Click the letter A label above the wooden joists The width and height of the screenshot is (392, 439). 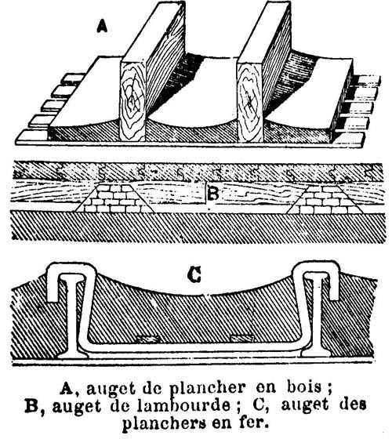coord(102,27)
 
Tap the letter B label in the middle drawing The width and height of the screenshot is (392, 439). coord(212,194)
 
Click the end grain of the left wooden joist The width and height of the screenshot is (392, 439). coord(132,101)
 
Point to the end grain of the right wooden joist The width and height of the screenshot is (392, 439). coord(250,101)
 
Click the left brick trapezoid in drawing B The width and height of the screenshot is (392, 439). coord(115,198)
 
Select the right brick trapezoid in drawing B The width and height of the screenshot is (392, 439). coord(325,199)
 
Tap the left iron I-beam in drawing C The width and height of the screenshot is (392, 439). coord(71,317)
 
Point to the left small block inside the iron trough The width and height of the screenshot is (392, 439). coord(147,339)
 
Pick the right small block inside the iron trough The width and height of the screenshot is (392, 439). coord(242,339)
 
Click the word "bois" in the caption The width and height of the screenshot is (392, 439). coord(304,387)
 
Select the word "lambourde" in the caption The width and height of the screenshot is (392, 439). coord(183,406)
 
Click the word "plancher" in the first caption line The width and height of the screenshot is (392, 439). coord(207,389)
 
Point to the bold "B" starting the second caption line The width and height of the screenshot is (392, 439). coord(31,406)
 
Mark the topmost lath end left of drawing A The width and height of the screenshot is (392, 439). coord(74,78)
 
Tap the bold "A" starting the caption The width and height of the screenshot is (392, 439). coord(66,388)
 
